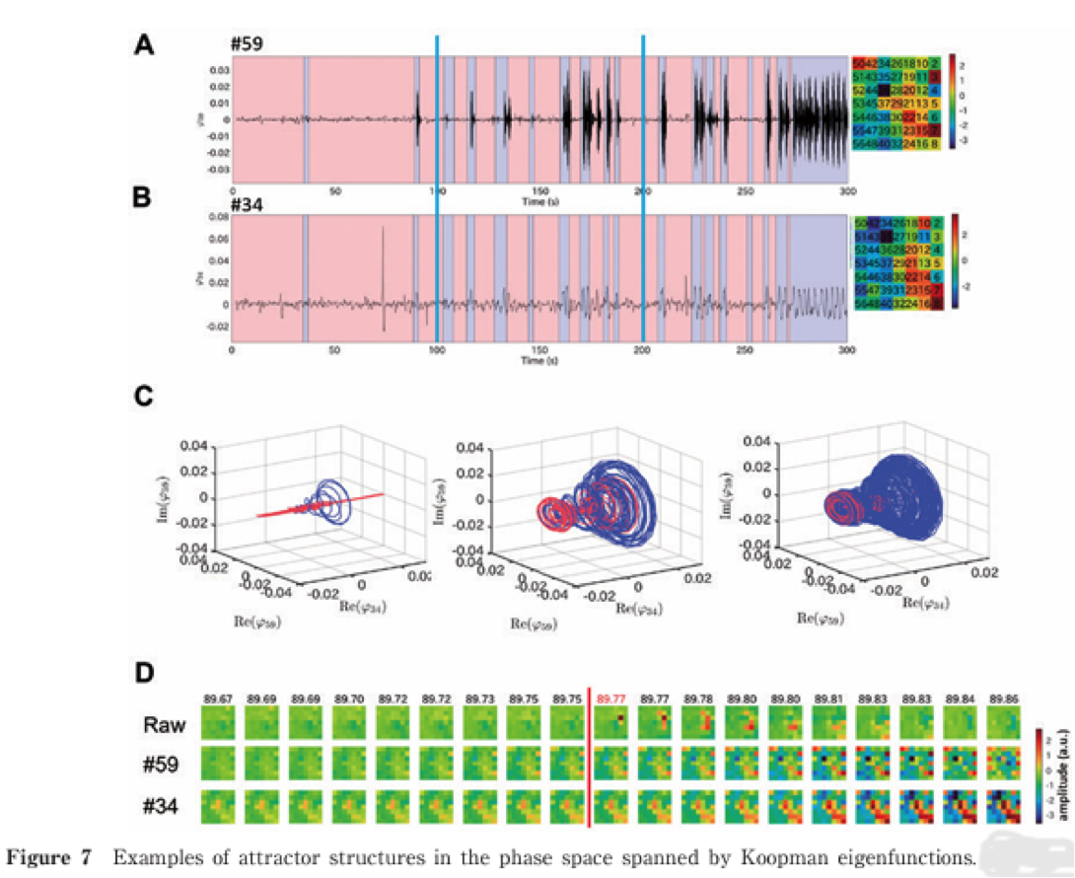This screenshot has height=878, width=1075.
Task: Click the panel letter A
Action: tap(144, 47)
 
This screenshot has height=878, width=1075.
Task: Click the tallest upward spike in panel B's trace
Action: tap(382, 229)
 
